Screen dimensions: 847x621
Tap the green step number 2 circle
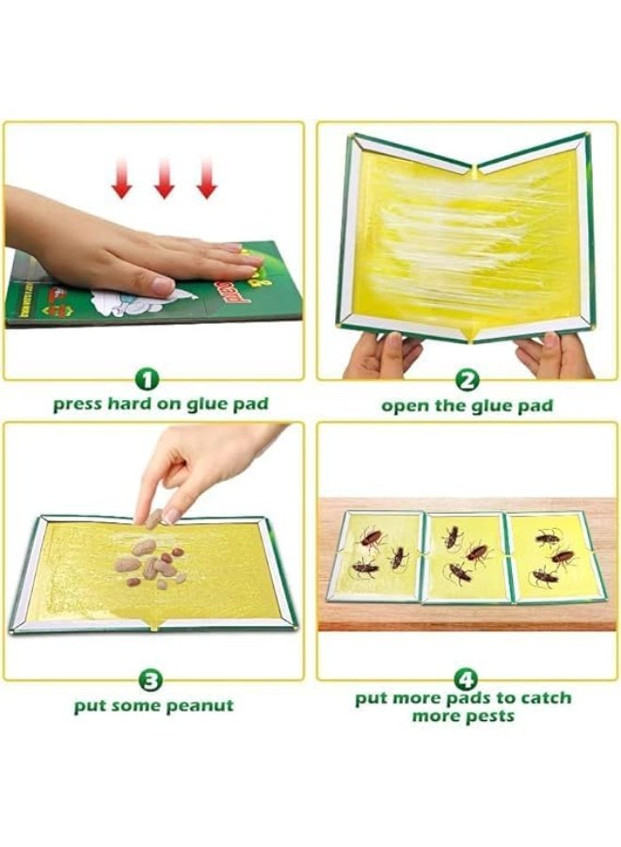coord(468,381)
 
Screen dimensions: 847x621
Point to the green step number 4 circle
coord(466,678)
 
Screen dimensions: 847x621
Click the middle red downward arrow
coord(165,179)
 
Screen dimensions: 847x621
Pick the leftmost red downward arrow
coord(122,179)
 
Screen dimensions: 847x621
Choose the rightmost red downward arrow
coord(207,179)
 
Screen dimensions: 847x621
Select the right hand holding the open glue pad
coord(555,356)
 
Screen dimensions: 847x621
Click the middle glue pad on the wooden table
coord(465,558)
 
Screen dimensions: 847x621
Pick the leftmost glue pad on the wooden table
coord(379,556)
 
